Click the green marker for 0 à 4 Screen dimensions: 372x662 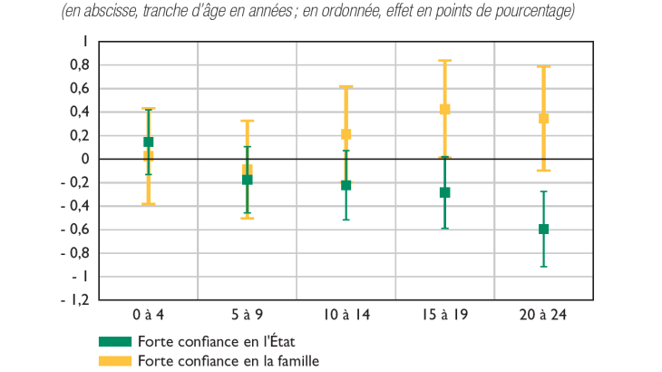coord(148,142)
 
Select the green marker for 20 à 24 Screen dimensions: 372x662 coord(543,229)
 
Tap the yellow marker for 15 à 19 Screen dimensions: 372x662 coord(444,109)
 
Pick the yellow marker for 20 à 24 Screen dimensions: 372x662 coord(543,118)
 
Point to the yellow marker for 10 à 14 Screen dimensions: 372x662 coord(346,134)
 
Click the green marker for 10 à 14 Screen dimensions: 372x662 coord(346,185)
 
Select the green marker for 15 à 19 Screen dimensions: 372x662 coord(444,192)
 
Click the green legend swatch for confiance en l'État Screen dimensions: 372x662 coord(115,342)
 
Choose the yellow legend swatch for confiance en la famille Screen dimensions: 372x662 coord(115,360)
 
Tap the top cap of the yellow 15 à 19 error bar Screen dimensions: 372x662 coord(444,61)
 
